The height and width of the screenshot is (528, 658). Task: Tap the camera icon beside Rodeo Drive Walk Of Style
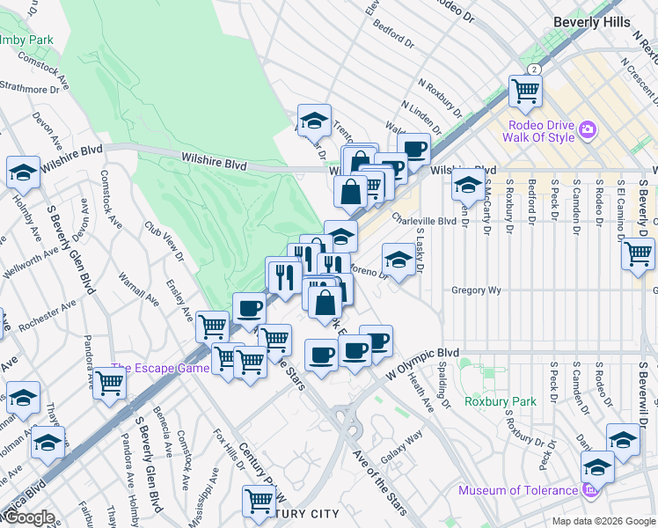coord(588,132)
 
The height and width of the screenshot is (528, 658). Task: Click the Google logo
coord(28,518)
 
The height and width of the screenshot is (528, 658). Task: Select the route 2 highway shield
coord(533,70)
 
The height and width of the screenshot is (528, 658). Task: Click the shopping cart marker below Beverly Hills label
coord(525,91)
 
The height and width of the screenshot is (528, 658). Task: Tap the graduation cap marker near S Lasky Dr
coord(398,260)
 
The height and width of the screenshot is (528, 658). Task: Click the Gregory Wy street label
coord(476,290)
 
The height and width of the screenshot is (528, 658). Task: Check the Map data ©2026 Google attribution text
coord(603,521)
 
